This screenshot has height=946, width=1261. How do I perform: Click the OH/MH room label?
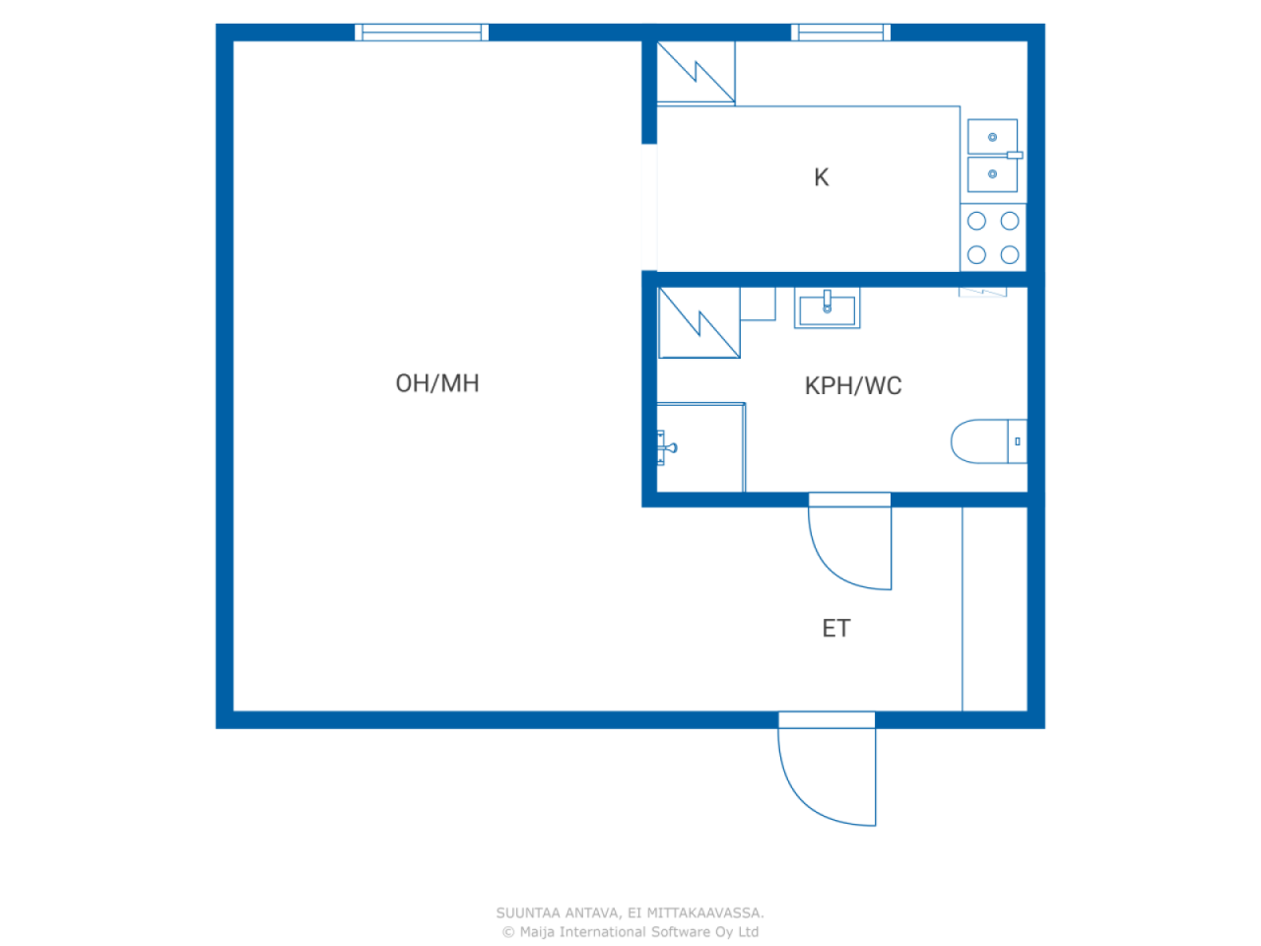click(x=437, y=383)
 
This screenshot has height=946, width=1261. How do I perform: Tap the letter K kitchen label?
click(x=821, y=177)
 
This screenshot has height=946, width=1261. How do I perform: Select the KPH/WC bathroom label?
click(x=853, y=385)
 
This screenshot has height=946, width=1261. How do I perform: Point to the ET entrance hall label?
click(x=835, y=628)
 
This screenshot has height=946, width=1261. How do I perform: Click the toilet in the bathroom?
click(x=988, y=441)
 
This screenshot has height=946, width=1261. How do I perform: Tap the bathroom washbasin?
click(x=827, y=308)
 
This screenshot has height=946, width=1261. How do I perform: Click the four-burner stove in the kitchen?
click(x=993, y=237)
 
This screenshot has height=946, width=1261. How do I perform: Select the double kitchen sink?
click(x=993, y=156)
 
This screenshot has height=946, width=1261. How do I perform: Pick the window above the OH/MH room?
click(x=422, y=33)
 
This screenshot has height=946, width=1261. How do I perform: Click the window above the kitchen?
click(x=840, y=33)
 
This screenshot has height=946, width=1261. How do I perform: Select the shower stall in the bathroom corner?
click(x=700, y=447)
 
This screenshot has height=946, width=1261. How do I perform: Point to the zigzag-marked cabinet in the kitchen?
click(x=696, y=72)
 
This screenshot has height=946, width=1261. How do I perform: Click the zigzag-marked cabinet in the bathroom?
click(x=698, y=323)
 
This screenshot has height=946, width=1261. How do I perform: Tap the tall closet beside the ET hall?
click(x=995, y=609)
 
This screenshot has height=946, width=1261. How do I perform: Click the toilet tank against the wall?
click(x=1018, y=441)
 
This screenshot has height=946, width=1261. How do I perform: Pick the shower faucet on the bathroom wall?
click(x=666, y=447)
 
